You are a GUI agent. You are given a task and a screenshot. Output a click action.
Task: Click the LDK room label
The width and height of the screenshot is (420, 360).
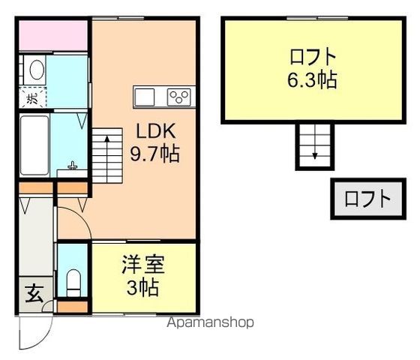[155, 130]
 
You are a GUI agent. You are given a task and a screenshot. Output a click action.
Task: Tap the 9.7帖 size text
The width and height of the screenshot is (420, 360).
[155, 155]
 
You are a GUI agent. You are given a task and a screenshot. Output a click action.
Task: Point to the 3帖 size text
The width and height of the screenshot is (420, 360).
[143, 287]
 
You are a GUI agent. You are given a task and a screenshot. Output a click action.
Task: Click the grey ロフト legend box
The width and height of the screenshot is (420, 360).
[367, 199]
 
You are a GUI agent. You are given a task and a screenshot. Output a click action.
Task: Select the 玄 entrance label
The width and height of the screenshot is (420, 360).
[34, 293]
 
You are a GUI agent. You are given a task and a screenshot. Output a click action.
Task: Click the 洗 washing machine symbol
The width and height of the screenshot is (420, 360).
[32, 97]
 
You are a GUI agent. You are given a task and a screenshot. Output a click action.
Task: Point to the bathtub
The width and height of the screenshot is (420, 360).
[34, 144]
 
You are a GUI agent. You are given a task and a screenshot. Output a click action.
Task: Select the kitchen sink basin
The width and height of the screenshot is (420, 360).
[144, 97]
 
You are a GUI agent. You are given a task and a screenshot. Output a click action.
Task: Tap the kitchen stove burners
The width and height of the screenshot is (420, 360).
[180, 97]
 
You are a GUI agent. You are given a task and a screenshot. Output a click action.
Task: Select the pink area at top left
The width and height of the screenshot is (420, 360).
[52, 34]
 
